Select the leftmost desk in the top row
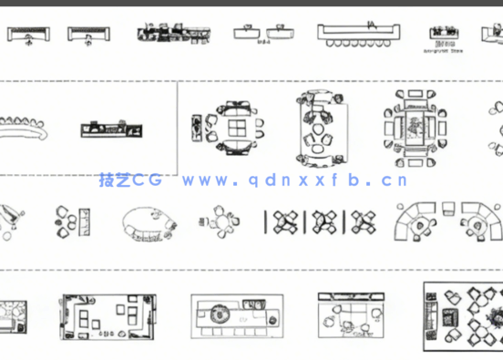pyautogui.click(x=30, y=35)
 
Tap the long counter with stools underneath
pyautogui.click(x=360, y=36)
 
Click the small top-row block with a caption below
pyautogui.click(x=445, y=37)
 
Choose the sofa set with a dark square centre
pyautogui.click(x=420, y=125)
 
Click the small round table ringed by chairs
pyautogui.click(x=220, y=221)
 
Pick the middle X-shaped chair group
pyautogui.click(x=324, y=221)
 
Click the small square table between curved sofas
pyautogui.click(x=448, y=208)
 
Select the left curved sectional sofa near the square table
pyautogui.click(x=417, y=221)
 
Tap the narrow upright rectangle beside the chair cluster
pyautogui.click(x=86, y=221)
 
